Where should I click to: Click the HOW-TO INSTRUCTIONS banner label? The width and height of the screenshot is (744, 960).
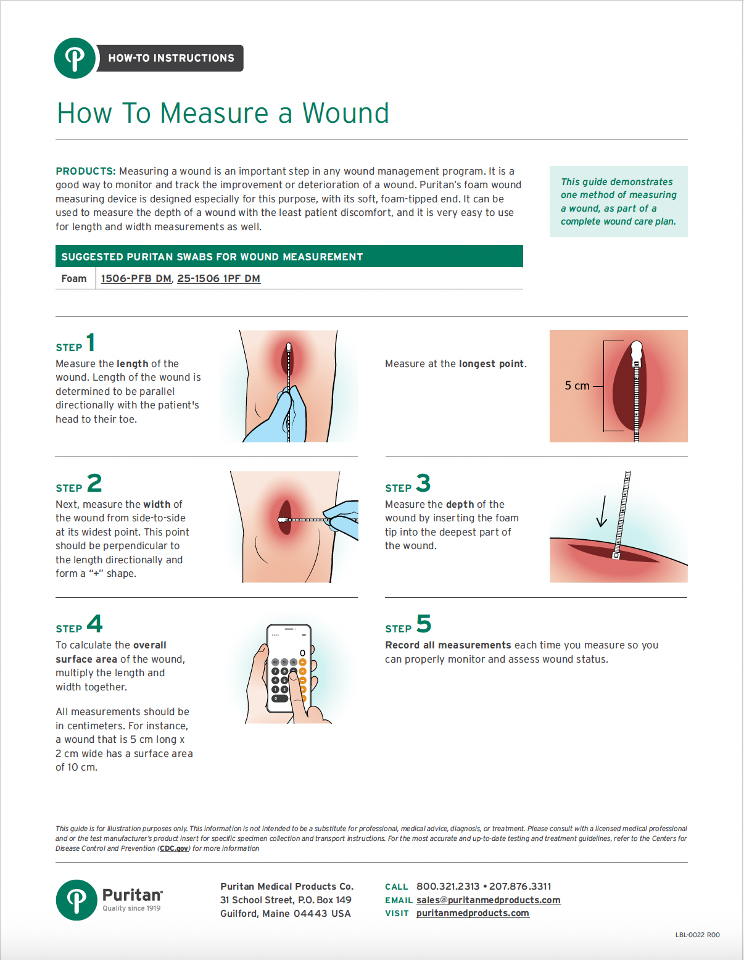point(171,58)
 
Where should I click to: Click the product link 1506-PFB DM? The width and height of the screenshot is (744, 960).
point(136,278)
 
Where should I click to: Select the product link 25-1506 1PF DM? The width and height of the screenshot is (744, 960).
point(218,278)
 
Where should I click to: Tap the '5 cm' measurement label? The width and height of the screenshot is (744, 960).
point(577,386)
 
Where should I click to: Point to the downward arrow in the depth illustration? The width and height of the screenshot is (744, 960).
point(602,511)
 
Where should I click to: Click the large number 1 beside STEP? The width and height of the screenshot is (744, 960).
point(91,342)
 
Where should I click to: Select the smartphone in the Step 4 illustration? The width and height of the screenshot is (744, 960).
point(288,669)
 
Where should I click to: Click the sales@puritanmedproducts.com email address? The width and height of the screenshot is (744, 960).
point(488,900)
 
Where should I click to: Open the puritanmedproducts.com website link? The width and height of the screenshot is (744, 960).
point(473,913)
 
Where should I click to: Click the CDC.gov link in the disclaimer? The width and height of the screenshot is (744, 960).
point(174,848)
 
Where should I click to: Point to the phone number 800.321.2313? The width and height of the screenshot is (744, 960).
point(447,887)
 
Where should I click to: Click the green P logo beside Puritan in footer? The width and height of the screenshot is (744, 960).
point(76,900)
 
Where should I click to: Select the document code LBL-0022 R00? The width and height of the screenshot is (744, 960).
point(697,935)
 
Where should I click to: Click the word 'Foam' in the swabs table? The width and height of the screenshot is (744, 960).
point(74,278)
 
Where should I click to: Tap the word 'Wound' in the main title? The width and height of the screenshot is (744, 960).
point(345,114)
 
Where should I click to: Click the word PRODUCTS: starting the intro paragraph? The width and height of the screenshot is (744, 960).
point(86,171)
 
